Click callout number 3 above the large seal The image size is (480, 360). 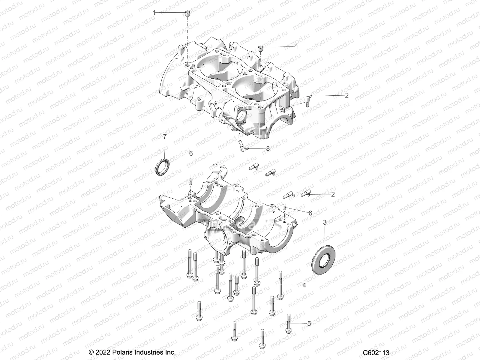coord(325,222)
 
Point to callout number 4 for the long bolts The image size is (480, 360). coord(304,285)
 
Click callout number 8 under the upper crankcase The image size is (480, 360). coord(268,148)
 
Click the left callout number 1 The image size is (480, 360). coord(154,13)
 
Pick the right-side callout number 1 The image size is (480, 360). coord(296,47)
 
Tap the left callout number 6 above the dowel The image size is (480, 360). coord(191,153)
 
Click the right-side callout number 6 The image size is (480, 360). coord(310,213)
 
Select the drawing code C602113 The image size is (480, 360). coord(376,352)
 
